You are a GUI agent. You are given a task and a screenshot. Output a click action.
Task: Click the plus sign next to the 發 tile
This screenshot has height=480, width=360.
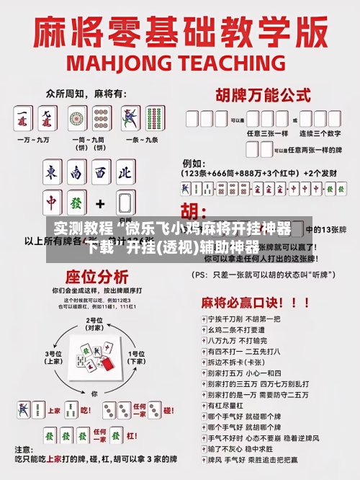coord(100,203)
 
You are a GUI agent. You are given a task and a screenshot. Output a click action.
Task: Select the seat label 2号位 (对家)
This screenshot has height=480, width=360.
coord(94,324)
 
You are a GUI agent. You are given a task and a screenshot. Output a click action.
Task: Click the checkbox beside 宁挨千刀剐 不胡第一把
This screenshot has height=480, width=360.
coord(198,318)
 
